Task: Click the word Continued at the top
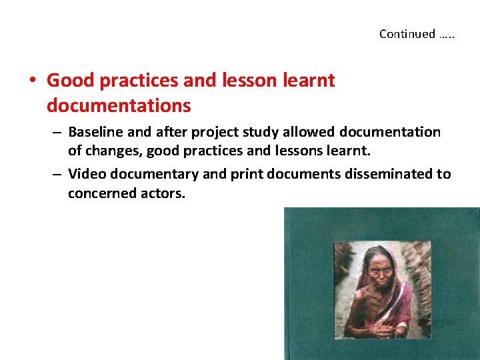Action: (x=407, y=34)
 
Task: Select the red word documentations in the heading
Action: (x=119, y=105)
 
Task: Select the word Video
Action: (x=85, y=175)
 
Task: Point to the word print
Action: (x=241, y=175)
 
